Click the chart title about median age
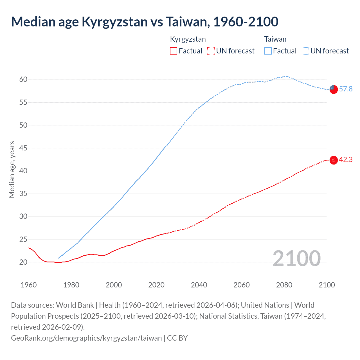click(x=145, y=22)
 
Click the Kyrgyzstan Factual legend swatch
click(x=174, y=51)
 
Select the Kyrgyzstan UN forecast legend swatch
click(x=211, y=51)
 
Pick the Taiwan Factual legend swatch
click(x=268, y=51)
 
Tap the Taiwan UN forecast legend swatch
click(x=305, y=51)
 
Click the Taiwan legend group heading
click(x=275, y=39)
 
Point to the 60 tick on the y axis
click(x=23, y=79)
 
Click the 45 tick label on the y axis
click(x=23, y=148)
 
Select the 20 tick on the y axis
click(x=23, y=262)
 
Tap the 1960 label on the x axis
click(x=29, y=285)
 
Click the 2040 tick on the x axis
click(x=199, y=285)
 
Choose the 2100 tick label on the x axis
click(x=327, y=285)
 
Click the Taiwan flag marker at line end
click(x=333, y=89)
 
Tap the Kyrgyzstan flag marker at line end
click(x=333, y=160)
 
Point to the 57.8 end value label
click(x=346, y=89)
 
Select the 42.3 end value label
click(x=346, y=160)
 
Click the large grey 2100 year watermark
click(x=296, y=258)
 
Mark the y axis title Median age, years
click(x=12, y=170)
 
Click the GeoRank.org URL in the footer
click(x=86, y=338)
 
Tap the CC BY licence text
click(x=177, y=338)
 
